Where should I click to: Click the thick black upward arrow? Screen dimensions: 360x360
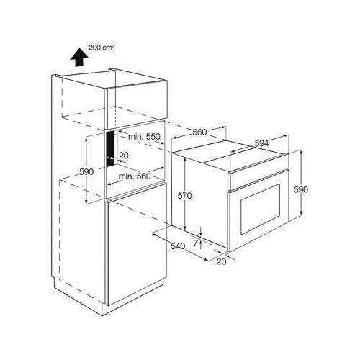pyautogui.click(x=79, y=58)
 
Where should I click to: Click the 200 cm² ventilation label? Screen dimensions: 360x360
pyautogui.click(x=102, y=48)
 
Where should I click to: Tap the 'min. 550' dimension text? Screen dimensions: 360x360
pyautogui.click(x=144, y=137)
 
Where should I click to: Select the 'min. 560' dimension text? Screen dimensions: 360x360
pyautogui.click(x=135, y=176)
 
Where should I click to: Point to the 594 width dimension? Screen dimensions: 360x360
pyautogui.click(x=261, y=143)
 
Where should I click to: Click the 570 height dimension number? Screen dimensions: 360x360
pyautogui.click(x=184, y=196)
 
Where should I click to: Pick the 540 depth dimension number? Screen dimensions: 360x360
pyautogui.click(x=178, y=246)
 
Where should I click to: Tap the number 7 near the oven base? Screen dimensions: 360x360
pyautogui.click(x=195, y=243)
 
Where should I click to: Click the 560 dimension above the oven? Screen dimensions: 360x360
pyautogui.click(x=199, y=132)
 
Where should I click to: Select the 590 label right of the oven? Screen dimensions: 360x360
pyautogui.click(x=301, y=189)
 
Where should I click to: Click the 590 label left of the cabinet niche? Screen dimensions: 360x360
pyautogui.click(x=86, y=172)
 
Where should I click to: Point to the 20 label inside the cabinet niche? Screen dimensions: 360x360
pyautogui.click(x=124, y=156)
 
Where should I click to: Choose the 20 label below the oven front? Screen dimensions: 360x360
pyautogui.click(x=222, y=261)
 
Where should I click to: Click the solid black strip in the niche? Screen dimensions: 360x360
pyautogui.click(x=111, y=149)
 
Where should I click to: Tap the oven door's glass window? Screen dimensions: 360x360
pyautogui.click(x=260, y=209)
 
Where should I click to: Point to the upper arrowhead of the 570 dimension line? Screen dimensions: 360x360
pyautogui.click(x=185, y=160)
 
